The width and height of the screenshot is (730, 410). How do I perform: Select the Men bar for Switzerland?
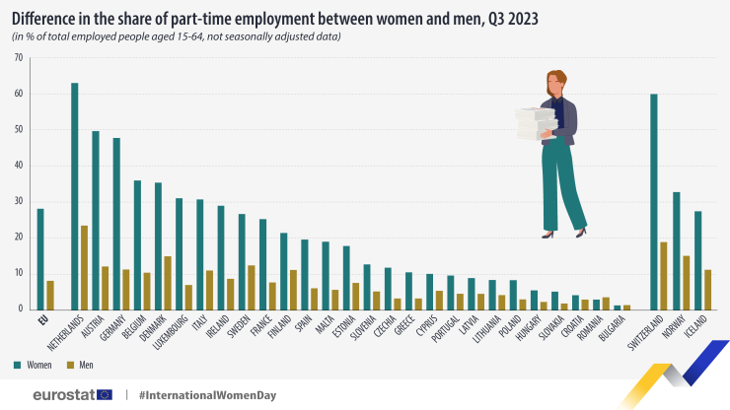(x=664, y=275)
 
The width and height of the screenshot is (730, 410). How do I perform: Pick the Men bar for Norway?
(x=686, y=282)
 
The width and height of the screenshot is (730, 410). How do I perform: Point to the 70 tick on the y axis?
(x=19, y=57)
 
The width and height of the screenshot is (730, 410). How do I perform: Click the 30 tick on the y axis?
(x=19, y=201)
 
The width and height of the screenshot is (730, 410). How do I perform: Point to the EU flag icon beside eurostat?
(x=105, y=394)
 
